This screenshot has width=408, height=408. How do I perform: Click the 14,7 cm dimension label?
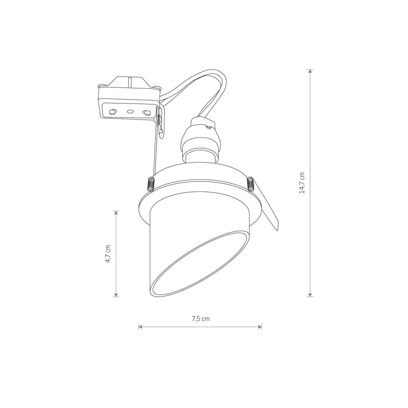[x=302, y=183]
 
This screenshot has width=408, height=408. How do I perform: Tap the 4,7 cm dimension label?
[x=108, y=254]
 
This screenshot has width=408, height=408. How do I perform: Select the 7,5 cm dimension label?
[x=200, y=318]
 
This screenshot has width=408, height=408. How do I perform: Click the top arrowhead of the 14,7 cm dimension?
[x=310, y=71]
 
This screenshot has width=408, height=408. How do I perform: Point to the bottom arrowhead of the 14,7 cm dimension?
[x=310, y=294]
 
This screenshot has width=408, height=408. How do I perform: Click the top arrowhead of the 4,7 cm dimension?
[x=117, y=213]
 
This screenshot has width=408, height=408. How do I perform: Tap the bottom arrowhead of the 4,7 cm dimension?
[x=117, y=294]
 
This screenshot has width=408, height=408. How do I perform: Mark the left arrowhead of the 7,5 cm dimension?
[x=140, y=327]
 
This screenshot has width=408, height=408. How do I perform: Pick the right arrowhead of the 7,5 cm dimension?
[x=260, y=327]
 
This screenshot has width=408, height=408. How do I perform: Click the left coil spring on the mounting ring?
[x=151, y=184]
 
